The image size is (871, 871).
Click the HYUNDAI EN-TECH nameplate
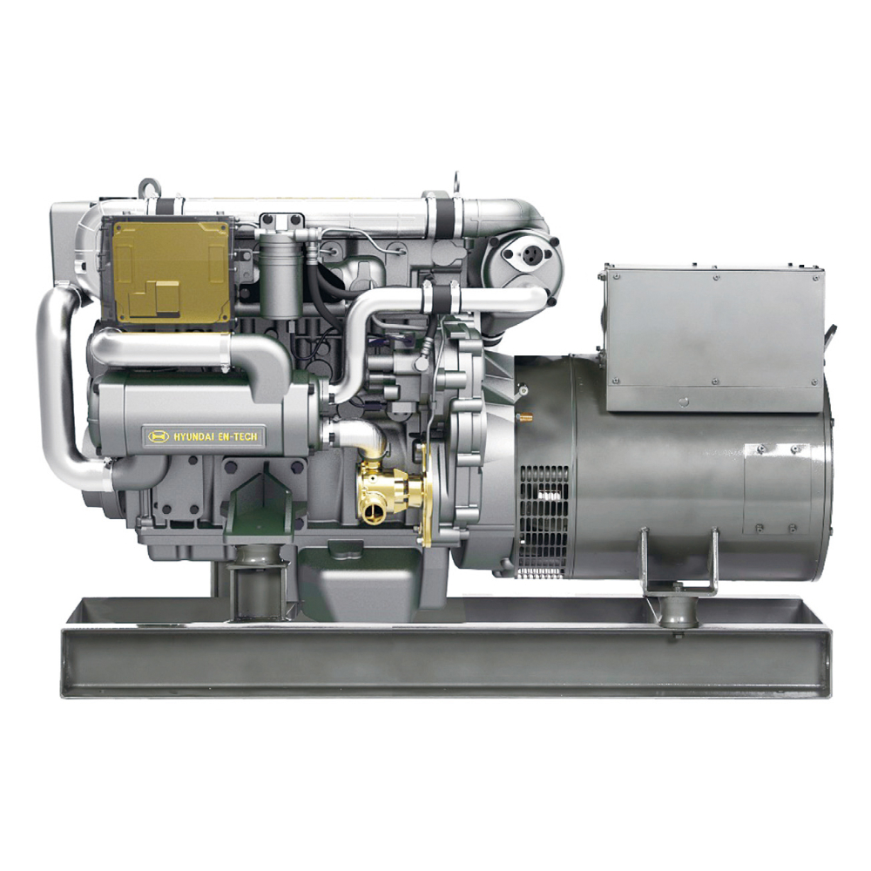click(203, 436)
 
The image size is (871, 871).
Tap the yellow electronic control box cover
click(171, 272)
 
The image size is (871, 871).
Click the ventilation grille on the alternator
click(544, 521)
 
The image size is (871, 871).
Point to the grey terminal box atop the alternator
click(715, 339)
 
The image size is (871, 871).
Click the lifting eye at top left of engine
click(150, 188)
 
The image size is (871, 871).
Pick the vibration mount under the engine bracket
click(258, 589)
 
